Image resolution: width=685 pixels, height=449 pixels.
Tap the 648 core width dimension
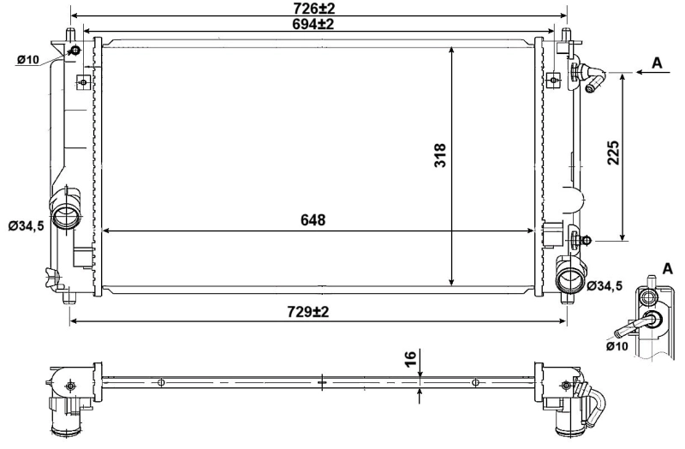click(313, 220)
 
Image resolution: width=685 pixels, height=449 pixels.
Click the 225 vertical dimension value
click(611, 152)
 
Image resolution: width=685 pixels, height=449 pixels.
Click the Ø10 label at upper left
click(29, 59)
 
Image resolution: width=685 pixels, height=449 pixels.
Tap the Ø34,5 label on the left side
click(27, 226)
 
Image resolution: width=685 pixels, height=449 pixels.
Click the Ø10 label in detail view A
click(617, 347)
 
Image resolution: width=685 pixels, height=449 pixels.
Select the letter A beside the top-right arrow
click(657, 63)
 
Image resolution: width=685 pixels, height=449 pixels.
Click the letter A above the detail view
click(666, 268)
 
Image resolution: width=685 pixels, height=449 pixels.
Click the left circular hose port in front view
click(66, 216)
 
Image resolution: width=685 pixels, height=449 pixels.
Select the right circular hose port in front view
click(569, 280)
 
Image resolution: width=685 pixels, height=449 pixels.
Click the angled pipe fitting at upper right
click(591, 76)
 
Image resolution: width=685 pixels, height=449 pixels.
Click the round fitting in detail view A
click(652, 320)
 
